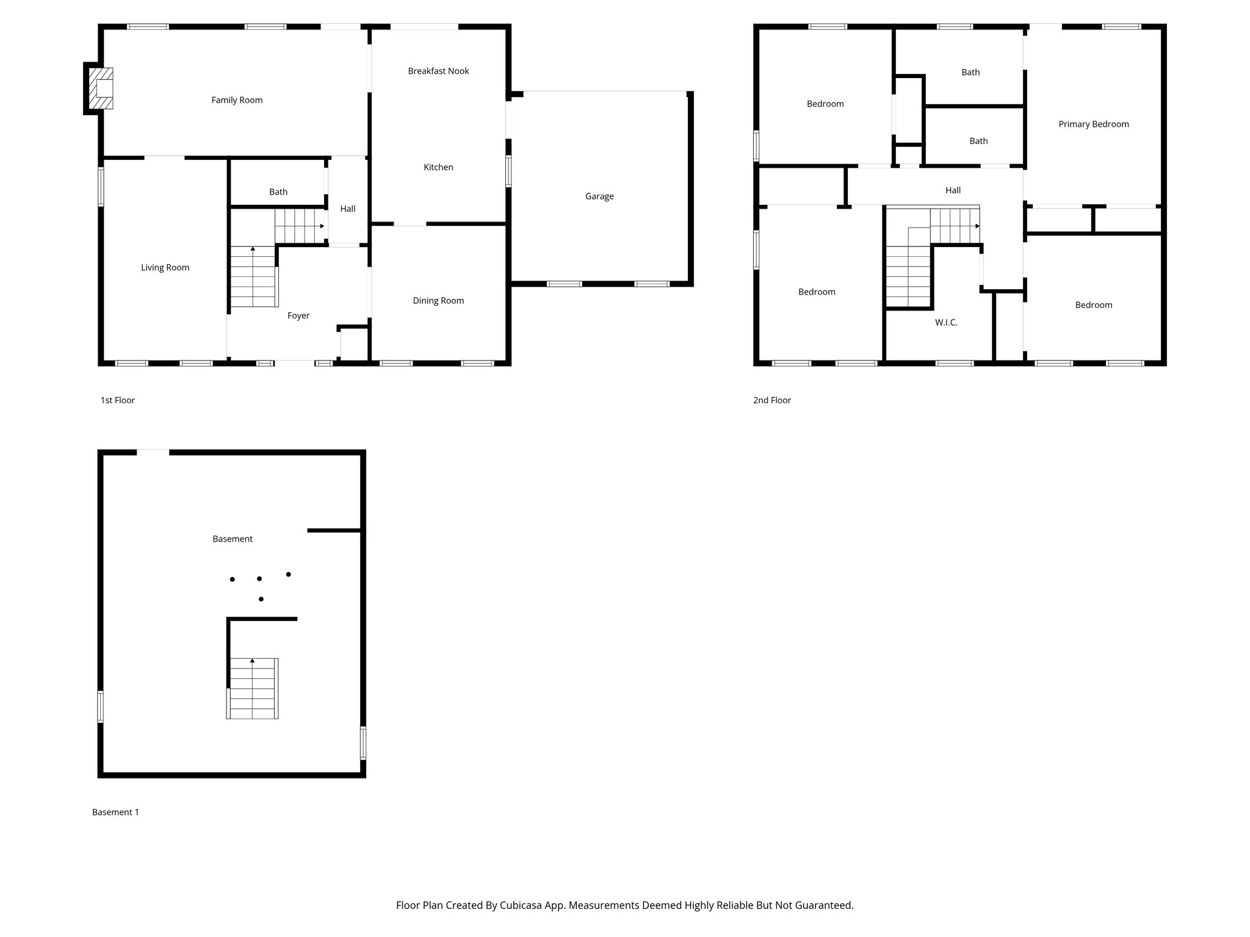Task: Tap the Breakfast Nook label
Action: pos(438,71)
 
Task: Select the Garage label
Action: pos(599,196)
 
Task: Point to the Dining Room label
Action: pos(438,301)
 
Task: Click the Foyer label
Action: pos(298,316)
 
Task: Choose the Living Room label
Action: pos(165,268)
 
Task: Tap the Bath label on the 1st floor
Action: pos(278,192)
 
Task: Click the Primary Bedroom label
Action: pos(1093,124)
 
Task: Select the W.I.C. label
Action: pos(945,323)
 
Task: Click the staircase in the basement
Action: pos(253,689)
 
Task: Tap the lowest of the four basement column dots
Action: pos(261,599)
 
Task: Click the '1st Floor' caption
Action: pos(117,400)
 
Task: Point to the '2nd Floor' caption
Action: pos(771,400)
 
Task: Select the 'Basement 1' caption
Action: pos(115,813)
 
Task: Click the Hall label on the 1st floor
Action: pos(347,209)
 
